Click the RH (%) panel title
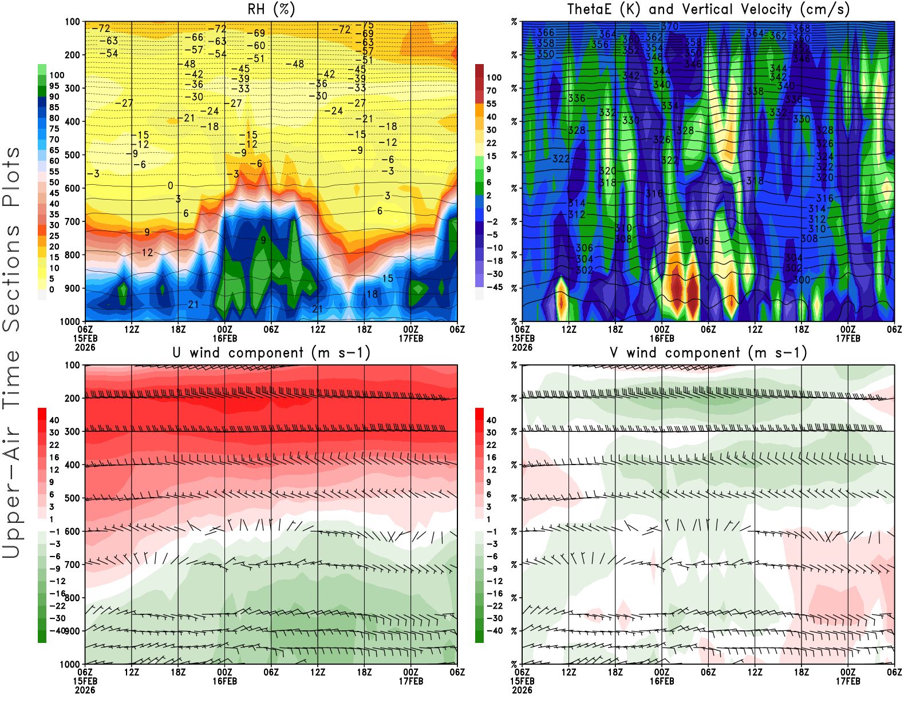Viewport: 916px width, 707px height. pos(271,9)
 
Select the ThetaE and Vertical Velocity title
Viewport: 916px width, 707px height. pos(708,9)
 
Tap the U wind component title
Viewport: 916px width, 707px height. pos(271,352)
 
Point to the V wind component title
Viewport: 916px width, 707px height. pos(708,352)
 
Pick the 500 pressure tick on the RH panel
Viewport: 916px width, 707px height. pos(72,154)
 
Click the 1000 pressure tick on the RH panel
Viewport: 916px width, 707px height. pos(70,321)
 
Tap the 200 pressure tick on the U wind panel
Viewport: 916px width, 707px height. pos(72,398)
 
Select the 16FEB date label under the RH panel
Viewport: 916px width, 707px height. pos(224,338)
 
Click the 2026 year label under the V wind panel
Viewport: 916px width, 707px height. pos(522,690)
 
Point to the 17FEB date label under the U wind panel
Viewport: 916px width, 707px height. pos(411,681)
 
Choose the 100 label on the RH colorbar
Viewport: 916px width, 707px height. pos(57,75)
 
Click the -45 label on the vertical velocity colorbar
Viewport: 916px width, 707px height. pos(495,287)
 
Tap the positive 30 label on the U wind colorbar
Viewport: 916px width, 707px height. pos(54,432)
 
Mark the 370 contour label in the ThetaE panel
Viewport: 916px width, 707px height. pos(669,26)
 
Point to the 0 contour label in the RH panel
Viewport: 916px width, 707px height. pos(170,185)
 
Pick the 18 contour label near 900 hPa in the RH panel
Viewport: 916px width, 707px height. pos(372,294)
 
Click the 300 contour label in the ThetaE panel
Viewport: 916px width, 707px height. pos(801,280)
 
